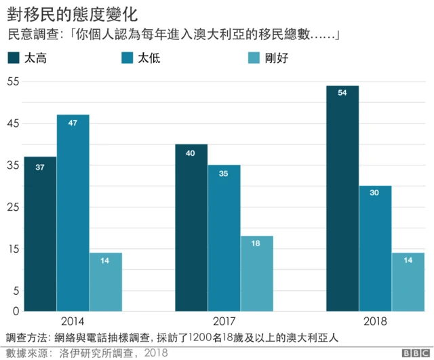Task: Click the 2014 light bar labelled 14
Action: (x=105, y=282)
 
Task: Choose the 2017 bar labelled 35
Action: (x=224, y=238)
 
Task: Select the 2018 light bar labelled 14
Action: (x=408, y=282)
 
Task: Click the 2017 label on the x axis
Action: (x=224, y=321)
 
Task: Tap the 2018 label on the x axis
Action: (x=375, y=321)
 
